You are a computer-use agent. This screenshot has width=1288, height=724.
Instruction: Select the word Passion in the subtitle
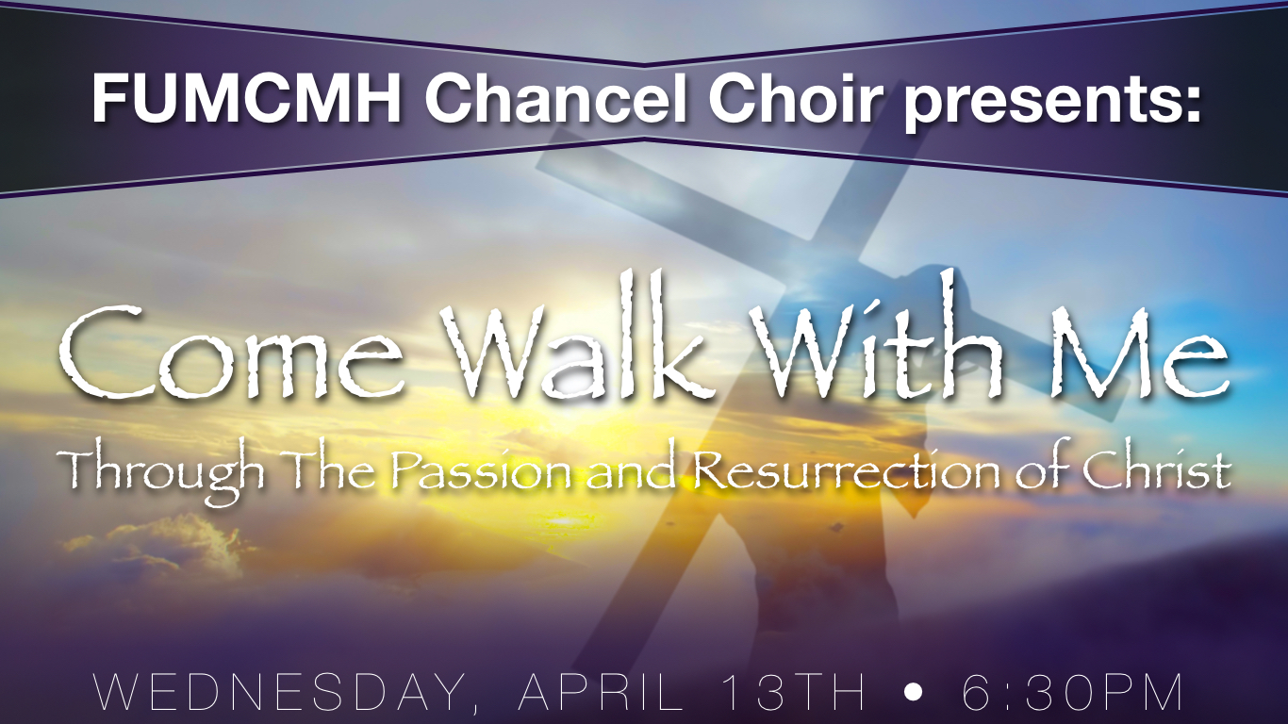[482, 471]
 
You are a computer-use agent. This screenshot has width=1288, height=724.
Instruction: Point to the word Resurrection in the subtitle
[847, 471]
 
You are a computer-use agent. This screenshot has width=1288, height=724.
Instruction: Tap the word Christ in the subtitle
[1156, 469]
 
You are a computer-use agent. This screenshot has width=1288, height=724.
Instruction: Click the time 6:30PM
[1073, 692]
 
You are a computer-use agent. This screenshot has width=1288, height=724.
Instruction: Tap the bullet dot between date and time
[913, 692]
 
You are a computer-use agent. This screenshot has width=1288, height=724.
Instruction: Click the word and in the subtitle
[629, 471]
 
